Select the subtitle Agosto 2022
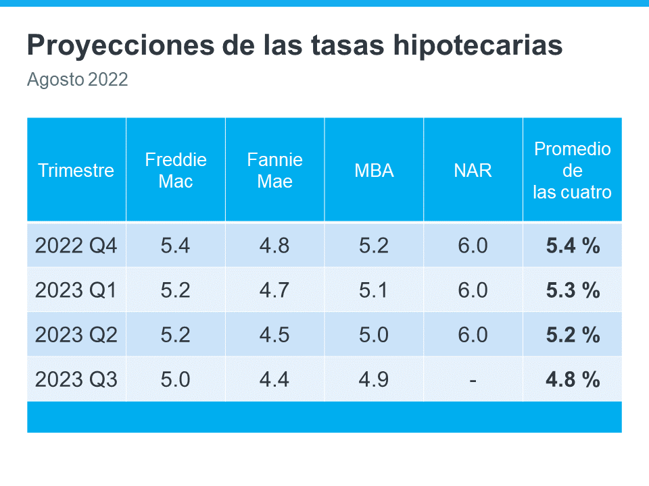click(77, 80)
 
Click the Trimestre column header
click(76, 170)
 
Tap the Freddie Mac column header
click(176, 170)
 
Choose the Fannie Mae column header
click(274, 170)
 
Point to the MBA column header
click(374, 170)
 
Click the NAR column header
click(473, 170)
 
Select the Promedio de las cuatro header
click(572, 170)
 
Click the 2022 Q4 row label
click(76, 246)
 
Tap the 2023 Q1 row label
click(76, 290)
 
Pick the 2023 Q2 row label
click(76, 335)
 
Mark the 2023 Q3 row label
click(76, 379)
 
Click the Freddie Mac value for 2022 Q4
click(176, 246)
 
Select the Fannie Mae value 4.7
click(274, 290)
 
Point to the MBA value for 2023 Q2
click(374, 335)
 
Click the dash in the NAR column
click(473, 380)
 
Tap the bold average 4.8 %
click(573, 379)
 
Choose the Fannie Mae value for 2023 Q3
click(274, 379)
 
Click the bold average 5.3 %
click(573, 290)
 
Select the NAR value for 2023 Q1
click(473, 290)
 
